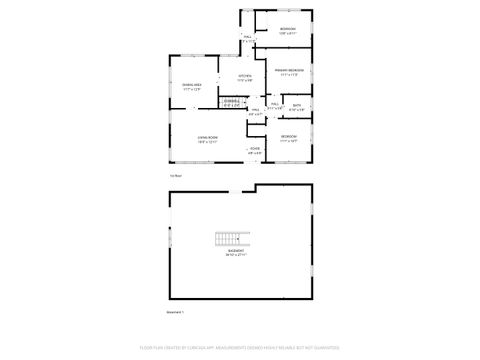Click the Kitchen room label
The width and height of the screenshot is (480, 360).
(244, 76)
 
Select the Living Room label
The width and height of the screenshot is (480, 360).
(208, 136)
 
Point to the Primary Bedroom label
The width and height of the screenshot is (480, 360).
(291, 69)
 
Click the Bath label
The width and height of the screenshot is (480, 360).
(297, 104)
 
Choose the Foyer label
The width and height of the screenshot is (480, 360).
(255, 148)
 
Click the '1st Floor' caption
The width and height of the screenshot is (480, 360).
(176, 174)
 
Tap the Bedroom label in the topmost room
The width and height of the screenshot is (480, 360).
(288, 28)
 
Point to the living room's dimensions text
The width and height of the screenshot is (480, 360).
(208, 141)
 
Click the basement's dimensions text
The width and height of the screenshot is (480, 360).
(233, 255)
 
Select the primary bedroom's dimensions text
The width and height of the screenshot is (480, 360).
(291, 74)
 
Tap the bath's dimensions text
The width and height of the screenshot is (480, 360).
(297, 109)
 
